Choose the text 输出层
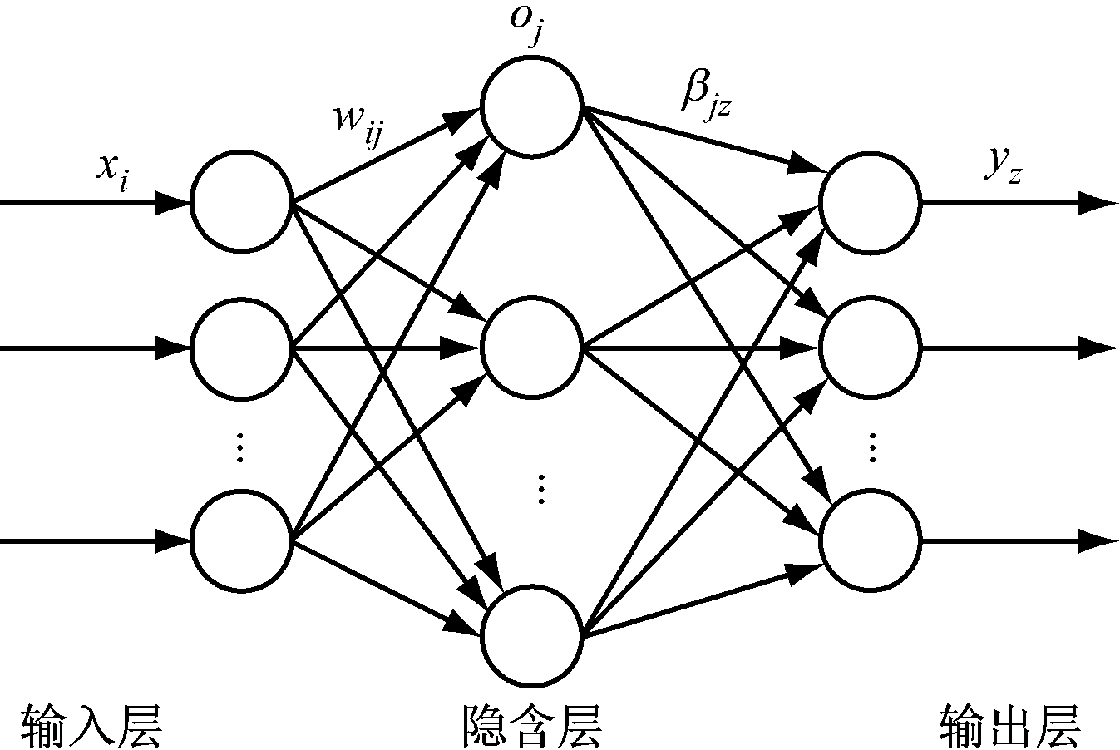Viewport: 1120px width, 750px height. pyautogui.click(x=1009, y=724)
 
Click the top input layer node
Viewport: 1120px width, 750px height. pyautogui.click(x=241, y=201)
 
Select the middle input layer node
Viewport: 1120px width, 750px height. pyautogui.click(x=241, y=348)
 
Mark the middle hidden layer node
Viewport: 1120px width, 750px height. pyautogui.click(x=531, y=348)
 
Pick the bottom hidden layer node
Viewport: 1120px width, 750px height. pyautogui.click(x=531, y=637)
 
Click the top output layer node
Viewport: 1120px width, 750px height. pyautogui.click(x=871, y=202)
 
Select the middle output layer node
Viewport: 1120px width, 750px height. pyautogui.click(x=871, y=348)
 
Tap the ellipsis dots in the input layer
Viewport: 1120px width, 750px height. pyautogui.click(x=239, y=447)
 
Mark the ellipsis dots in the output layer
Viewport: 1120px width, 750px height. pyautogui.click(x=872, y=447)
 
